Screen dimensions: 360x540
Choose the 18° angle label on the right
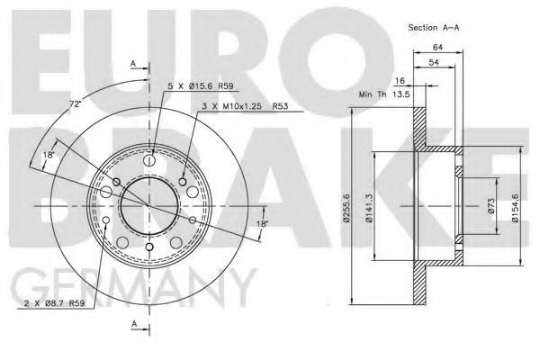[x=262, y=223]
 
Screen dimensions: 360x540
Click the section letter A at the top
[x=132, y=64]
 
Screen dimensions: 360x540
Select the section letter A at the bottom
[x=132, y=323]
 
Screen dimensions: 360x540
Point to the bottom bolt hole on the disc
[x=148, y=247]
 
